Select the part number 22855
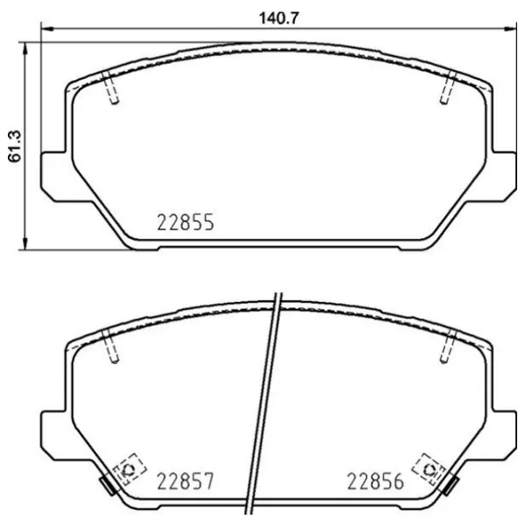click(185, 222)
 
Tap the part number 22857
click(185, 480)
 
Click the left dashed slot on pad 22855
click(112, 88)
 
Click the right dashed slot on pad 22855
click(447, 88)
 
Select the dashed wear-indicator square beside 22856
click(430, 470)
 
